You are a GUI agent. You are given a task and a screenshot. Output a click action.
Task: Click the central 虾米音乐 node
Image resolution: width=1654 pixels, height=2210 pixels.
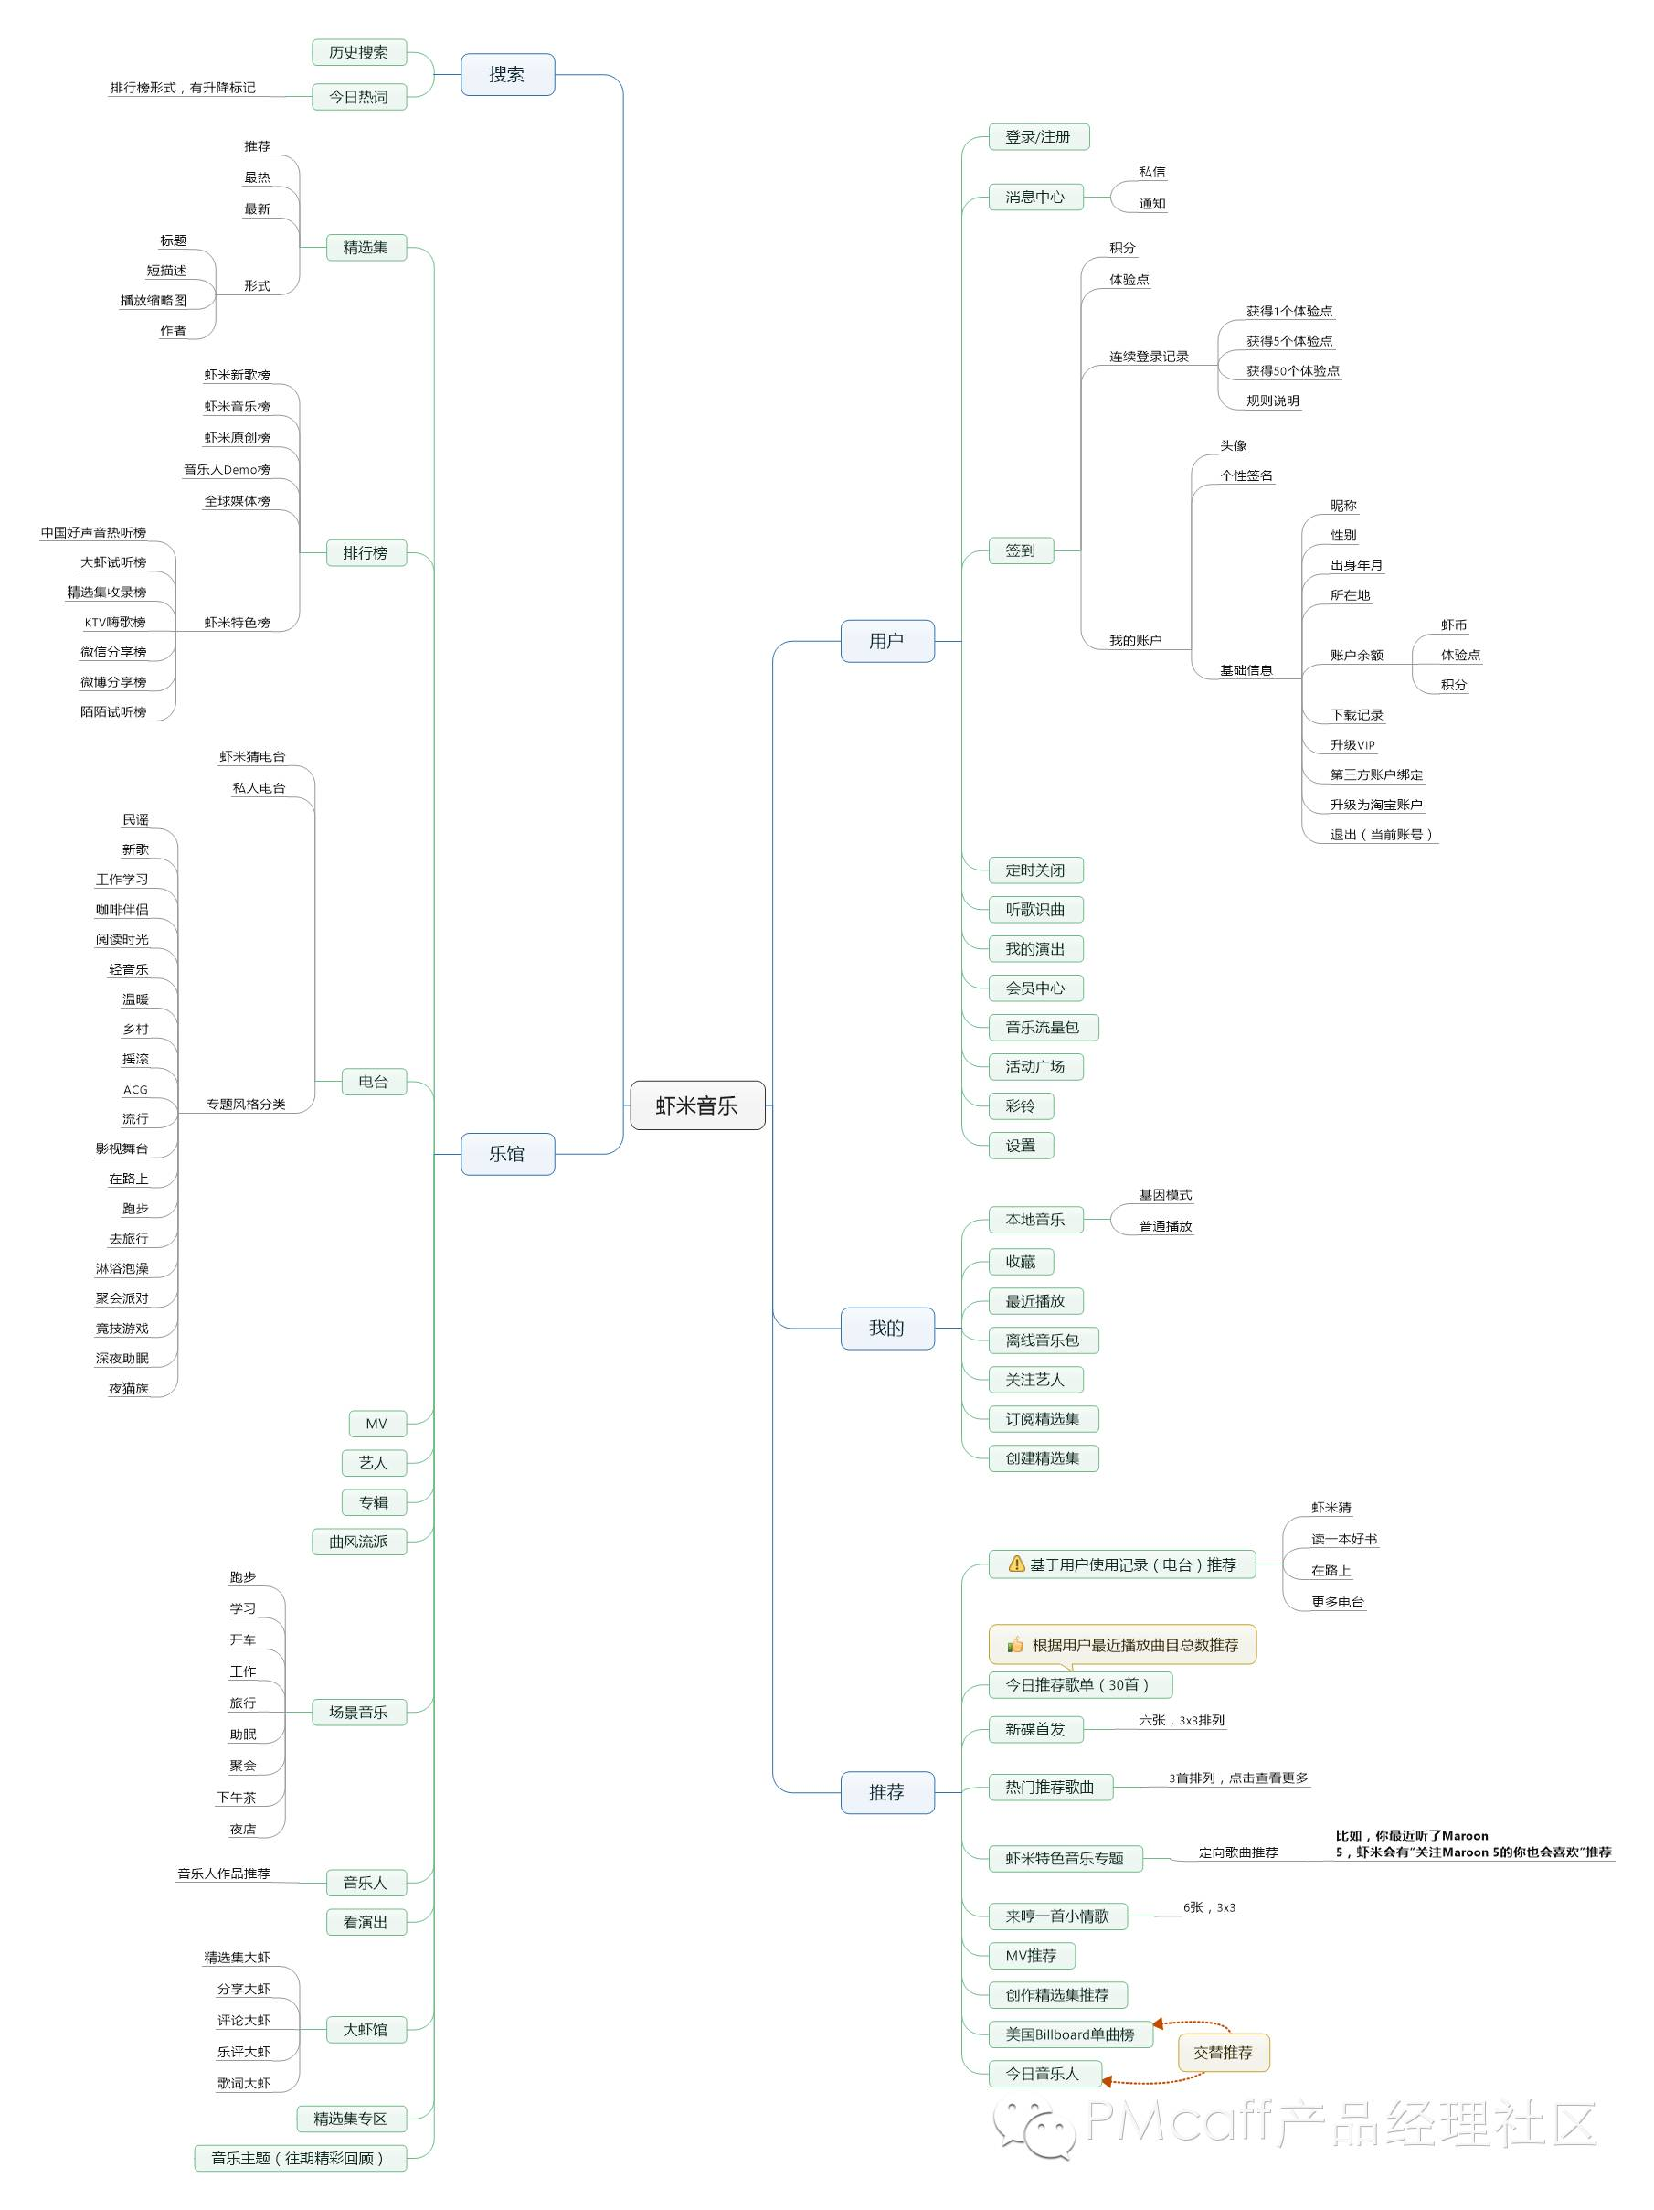point(696,1105)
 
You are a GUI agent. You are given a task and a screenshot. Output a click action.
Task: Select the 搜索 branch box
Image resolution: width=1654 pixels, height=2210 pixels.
point(506,74)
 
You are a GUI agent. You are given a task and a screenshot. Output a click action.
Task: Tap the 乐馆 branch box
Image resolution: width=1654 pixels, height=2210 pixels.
point(506,1154)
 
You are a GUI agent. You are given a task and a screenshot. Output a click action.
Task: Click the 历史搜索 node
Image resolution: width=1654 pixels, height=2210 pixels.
point(358,52)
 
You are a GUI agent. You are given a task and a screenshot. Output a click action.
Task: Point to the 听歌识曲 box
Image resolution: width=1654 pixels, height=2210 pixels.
point(1034,909)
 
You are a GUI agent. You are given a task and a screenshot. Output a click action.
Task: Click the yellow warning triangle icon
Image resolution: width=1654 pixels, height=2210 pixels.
point(1017,1564)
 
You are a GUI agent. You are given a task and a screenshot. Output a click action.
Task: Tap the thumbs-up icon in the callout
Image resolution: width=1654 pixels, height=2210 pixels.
point(1014,1645)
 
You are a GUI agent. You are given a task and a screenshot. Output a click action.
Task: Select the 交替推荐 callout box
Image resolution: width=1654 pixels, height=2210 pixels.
point(1223,2052)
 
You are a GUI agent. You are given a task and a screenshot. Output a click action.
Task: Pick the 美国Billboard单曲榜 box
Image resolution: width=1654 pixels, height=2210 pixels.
point(1070,2034)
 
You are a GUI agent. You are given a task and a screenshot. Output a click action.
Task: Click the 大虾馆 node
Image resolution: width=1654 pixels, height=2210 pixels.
point(365,2029)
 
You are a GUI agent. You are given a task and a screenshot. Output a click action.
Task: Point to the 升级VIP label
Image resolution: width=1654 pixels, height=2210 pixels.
point(1352,745)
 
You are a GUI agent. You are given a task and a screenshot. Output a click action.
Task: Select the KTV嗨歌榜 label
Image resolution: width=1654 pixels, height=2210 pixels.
point(115,623)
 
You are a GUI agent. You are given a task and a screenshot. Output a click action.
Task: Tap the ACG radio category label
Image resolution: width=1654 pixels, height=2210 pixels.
point(135,1090)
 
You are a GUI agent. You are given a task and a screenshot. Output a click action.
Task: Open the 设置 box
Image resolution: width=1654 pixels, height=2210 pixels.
point(1020,1146)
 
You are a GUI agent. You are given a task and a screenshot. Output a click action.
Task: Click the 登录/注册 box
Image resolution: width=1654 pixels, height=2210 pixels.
point(1038,137)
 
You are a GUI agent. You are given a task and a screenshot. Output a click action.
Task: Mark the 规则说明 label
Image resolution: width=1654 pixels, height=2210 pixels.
point(1272,401)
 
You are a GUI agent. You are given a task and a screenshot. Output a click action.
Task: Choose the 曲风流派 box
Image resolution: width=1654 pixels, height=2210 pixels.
point(358,1542)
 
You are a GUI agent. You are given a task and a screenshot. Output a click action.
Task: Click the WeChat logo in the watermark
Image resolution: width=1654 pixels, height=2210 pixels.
point(1033,2126)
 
